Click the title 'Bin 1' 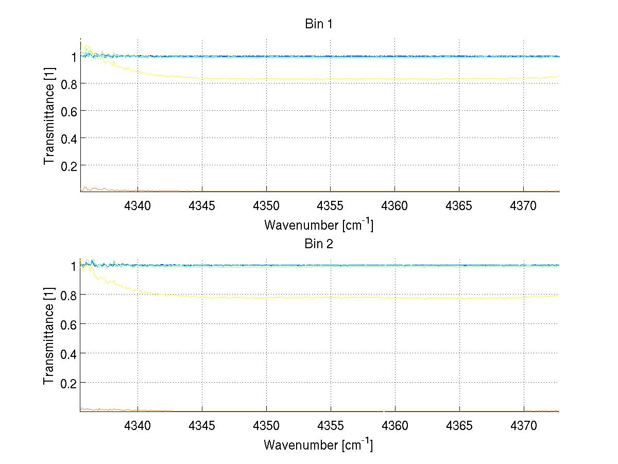click(319, 24)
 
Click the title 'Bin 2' click(319, 244)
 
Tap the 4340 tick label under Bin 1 click(138, 205)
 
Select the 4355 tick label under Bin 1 click(331, 205)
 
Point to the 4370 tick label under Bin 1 click(524, 205)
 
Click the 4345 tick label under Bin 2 click(202, 425)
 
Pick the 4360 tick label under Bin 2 click(395, 425)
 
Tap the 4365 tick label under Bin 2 click(459, 425)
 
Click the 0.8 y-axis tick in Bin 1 click(68, 83)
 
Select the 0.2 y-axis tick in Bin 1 click(68, 165)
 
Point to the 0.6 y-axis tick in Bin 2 click(68, 324)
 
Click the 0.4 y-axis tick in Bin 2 click(68, 353)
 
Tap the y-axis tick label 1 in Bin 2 click(74, 266)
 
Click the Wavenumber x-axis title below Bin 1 click(318, 225)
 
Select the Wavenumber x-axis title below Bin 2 click(318, 444)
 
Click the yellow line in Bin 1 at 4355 click(331, 79)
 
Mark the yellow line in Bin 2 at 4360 click(395, 298)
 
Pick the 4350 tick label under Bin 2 click(266, 425)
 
